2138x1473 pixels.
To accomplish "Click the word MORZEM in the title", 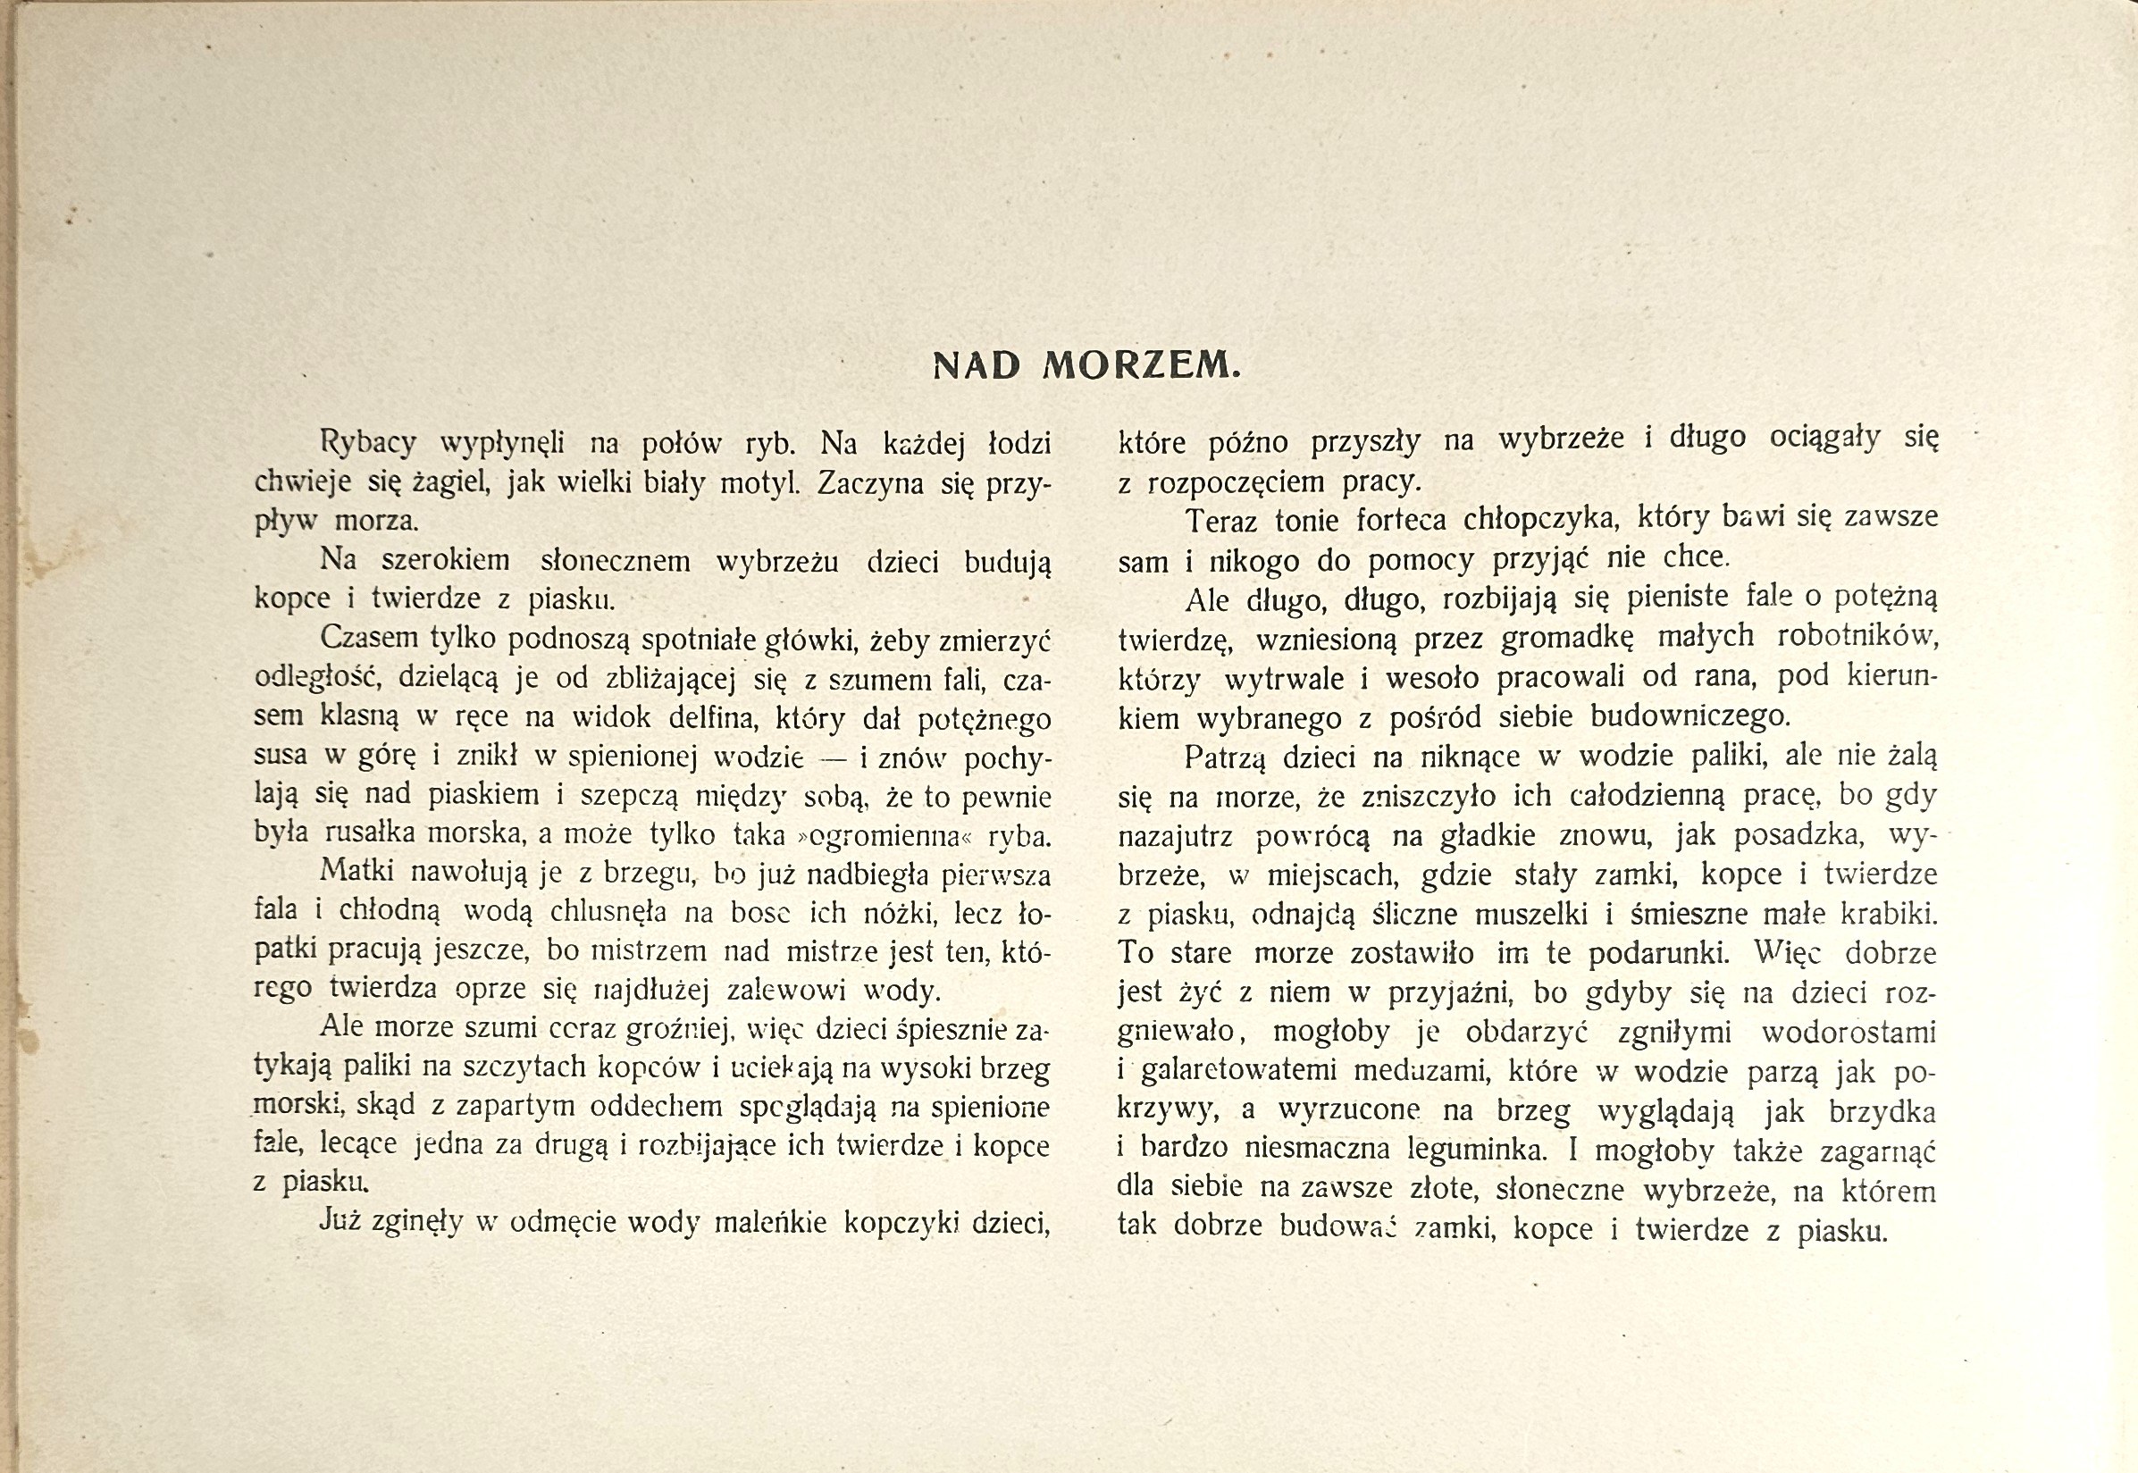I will pyautogui.click(x=1142, y=366).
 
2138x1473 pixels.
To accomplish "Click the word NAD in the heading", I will pyautogui.click(x=977, y=366).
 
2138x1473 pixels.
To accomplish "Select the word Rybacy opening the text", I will pyautogui.click(x=368, y=444).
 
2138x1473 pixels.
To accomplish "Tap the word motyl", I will pyautogui.click(x=760, y=482).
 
